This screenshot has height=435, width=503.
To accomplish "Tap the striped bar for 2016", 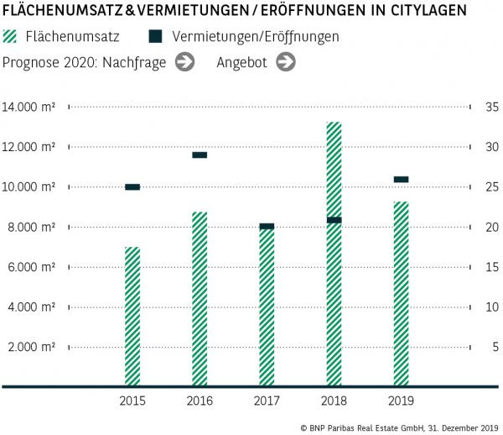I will [x=200, y=299].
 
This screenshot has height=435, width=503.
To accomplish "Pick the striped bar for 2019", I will [x=401, y=294].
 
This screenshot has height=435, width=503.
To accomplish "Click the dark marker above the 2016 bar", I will [x=200, y=155].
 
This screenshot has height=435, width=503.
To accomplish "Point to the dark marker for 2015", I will [x=132, y=187].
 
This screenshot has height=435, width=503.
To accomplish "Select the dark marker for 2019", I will [x=401, y=179].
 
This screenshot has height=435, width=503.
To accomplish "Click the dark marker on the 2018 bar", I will [x=334, y=220].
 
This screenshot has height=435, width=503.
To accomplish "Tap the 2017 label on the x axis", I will [x=267, y=401].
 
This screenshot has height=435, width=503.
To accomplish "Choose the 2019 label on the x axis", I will [x=401, y=401].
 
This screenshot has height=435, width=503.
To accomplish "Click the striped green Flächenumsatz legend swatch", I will [x=12, y=37].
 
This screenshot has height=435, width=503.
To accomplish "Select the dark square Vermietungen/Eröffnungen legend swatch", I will [x=154, y=37].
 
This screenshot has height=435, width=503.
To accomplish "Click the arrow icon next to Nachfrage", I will [x=185, y=61].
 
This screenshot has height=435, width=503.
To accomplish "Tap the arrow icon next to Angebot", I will [x=286, y=61].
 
